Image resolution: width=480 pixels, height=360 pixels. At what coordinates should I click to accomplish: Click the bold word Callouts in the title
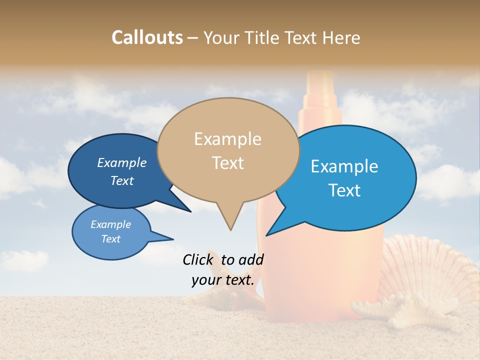click(x=147, y=37)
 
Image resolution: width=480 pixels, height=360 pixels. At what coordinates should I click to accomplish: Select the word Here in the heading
click(x=341, y=37)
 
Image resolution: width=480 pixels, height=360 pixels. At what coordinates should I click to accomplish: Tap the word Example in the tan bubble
click(x=227, y=139)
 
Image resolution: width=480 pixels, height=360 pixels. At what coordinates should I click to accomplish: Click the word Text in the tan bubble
click(x=227, y=163)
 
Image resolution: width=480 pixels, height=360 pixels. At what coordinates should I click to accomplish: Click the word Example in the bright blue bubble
click(x=344, y=166)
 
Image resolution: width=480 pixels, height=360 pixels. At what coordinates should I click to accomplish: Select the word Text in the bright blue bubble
click(x=344, y=190)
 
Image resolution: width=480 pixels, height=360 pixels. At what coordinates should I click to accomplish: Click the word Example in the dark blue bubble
click(x=121, y=163)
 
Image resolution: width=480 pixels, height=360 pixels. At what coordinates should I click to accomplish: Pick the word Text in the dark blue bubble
click(x=121, y=180)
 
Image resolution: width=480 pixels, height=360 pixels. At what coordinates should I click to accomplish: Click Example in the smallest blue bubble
click(x=110, y=224)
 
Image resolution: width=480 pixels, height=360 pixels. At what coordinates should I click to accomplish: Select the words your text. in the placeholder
click(x=223, y=280)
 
